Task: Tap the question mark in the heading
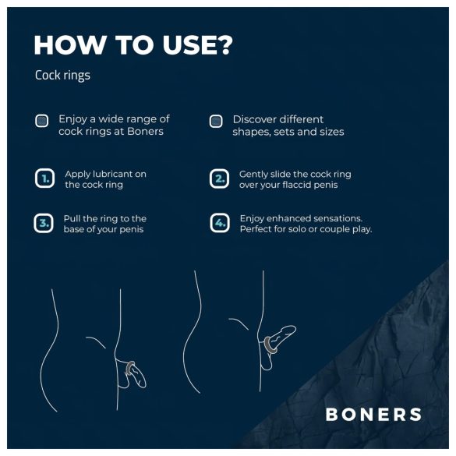click(x=223, y=45)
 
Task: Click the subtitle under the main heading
click(x=62, y=76)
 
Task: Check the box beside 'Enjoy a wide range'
click(x=42, y=121)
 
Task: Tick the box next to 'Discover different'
click(x=216, y=121)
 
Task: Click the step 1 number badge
click(x=45, y=179)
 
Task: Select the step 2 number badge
click(x=219, y=179)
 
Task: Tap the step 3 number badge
click(x=45, y=224)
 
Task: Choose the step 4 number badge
click(x=219, y=224)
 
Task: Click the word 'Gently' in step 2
click(x=254, y=174)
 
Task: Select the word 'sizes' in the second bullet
click(x=329, y=132)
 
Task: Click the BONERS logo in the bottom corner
click(x=373, y=414)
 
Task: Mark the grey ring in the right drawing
click(x=267, y=342)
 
